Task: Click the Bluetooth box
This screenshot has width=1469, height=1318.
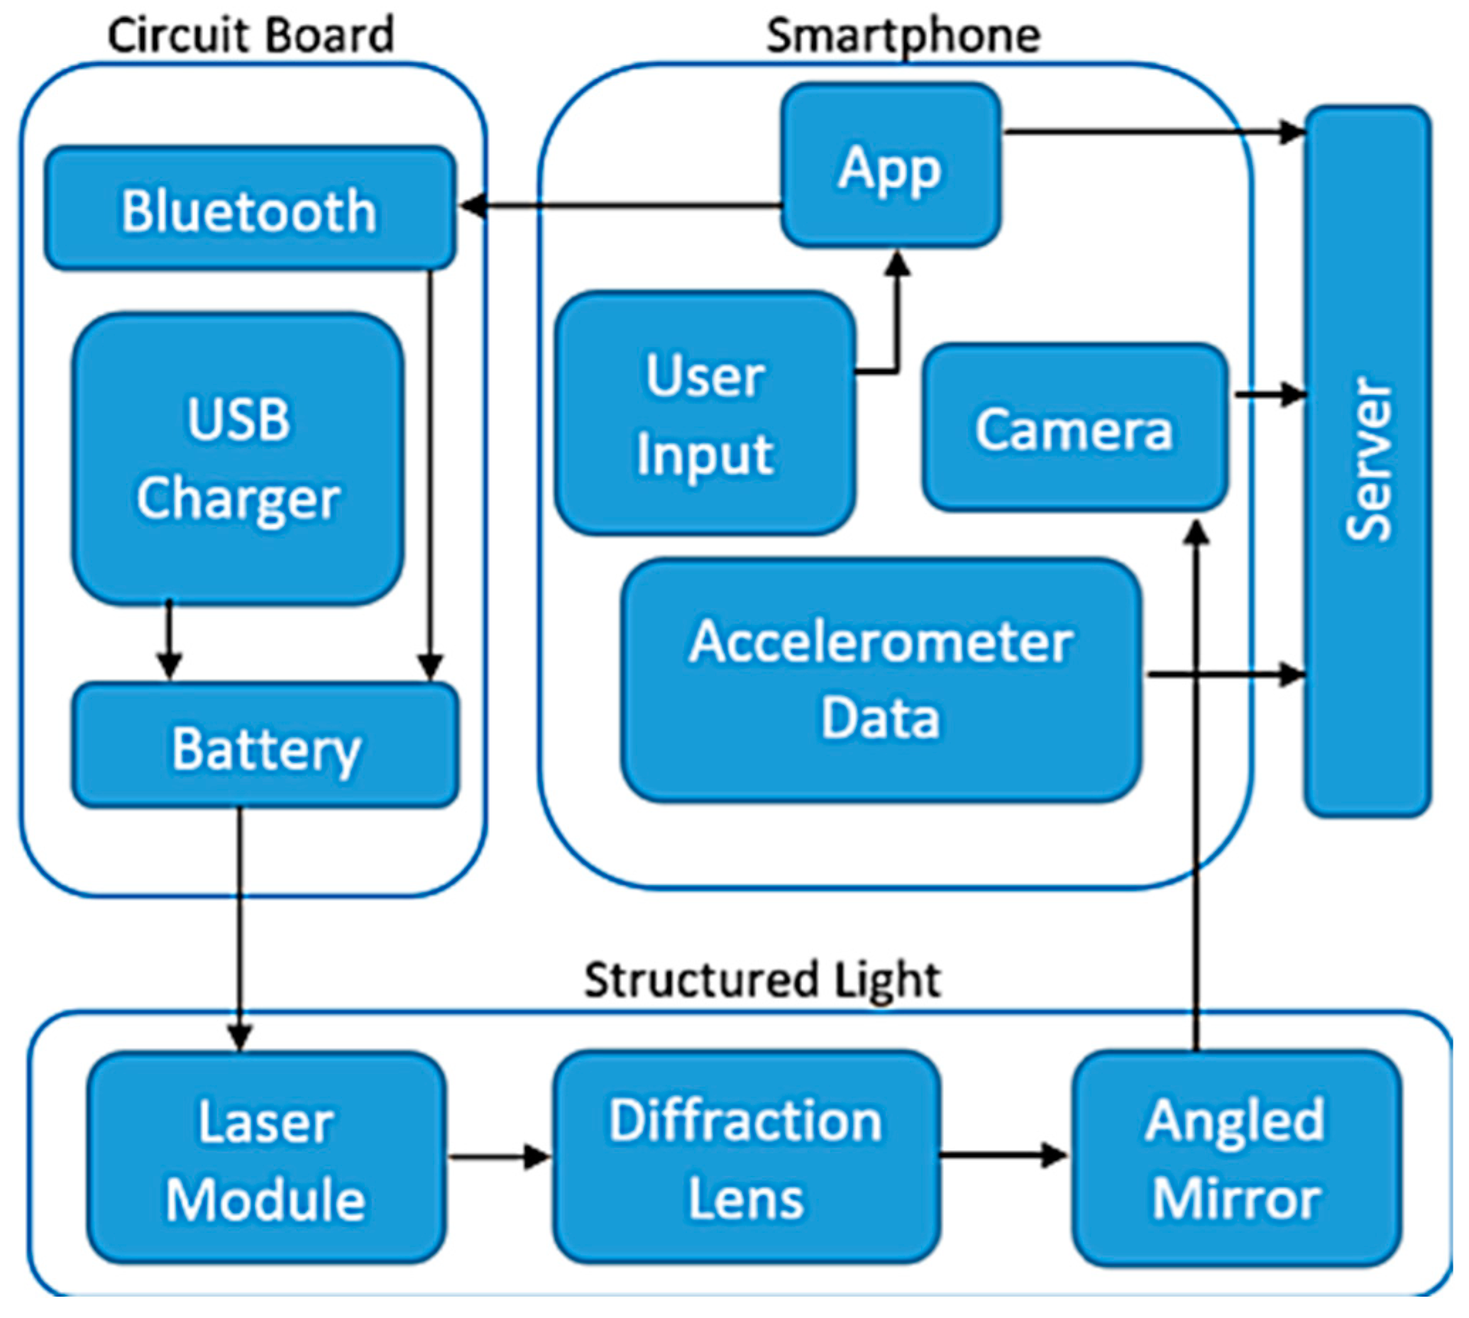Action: click(x=250, y=210)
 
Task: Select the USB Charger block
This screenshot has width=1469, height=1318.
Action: click(x=238, y=458)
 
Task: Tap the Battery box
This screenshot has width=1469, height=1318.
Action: click(x=265, y=747)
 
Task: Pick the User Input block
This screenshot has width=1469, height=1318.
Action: click(x=705, y=414)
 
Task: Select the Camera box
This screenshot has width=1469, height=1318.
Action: click(x=1074, y=428)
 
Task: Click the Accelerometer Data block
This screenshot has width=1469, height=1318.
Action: click(x=880, y=680)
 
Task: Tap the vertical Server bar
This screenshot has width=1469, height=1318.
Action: click(x=1367, y=461)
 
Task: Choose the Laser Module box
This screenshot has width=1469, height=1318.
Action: click(x=266, y=1158)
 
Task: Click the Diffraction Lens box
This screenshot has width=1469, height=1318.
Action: click(x=746, y=1158)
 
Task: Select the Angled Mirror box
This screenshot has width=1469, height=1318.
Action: click(x=1236, y=1158)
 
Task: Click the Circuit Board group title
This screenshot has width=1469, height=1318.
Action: click(x=251, y=35)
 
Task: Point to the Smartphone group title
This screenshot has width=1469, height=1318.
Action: click(x=903, y=35)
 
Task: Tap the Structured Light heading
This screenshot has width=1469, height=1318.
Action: click(x=762, y=980)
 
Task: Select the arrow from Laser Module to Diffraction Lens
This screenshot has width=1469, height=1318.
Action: click(x=499, y=1156)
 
